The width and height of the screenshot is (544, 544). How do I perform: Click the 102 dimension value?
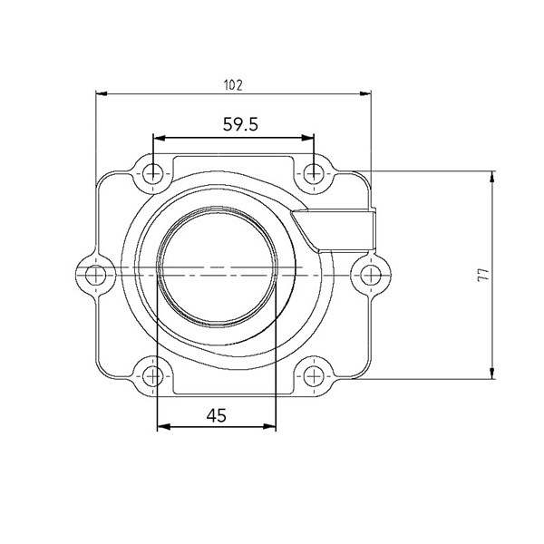click(x=233, y=84)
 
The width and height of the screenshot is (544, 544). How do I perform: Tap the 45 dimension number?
click(x=216, y=415)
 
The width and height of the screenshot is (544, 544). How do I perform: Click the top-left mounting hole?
click(x=156, y=171)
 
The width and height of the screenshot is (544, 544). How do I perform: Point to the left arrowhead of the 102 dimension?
click(x=101, y=92)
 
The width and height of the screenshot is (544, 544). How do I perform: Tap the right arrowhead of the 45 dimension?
click(x=271, y=426)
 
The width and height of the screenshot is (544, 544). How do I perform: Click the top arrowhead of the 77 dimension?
click(x=492, y=175)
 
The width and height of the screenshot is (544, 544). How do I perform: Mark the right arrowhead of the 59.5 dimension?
click(x=309, y=138)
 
